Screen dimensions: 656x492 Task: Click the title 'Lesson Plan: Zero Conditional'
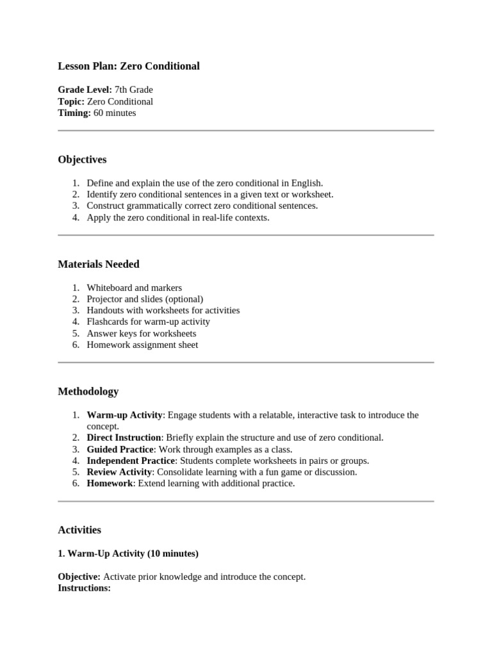pyautogui.click(x=129, y=66)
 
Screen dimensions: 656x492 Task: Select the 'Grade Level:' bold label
pyautogui.click(x=85, y=90)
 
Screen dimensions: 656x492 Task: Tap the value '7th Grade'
pyautogui.click(x=134, y=90)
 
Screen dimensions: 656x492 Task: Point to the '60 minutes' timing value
pyautogui.click(x=115, y=113)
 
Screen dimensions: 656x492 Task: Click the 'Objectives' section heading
pyautogui.click(x=82, y=160)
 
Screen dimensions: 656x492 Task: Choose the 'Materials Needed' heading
pyautogui.click(x=99, y=264)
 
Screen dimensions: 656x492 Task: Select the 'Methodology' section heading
pyautogui.click(x=88, y=391)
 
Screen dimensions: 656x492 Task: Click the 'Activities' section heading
pyautogui.click(x=79, y=530)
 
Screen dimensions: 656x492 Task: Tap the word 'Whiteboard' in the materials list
pyautogui.click(x=109, y=288)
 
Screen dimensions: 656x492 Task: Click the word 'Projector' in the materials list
pyautogui.click(x=104, y=299)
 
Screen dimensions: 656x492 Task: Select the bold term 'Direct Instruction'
pyautogui.click(x=124, y=438)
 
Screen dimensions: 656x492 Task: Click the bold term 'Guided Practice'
pyautogui.click(x=120, y=449)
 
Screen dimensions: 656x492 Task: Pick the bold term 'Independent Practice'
pyautogui.click(x=131, y=461)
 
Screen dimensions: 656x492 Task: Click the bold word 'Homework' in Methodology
pyautogui.click(x=110, y=483)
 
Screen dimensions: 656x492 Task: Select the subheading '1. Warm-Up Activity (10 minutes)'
pyautogui.click(x=128, y=553)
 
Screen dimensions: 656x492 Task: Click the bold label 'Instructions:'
pyautogui.click(x=84, y=587)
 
